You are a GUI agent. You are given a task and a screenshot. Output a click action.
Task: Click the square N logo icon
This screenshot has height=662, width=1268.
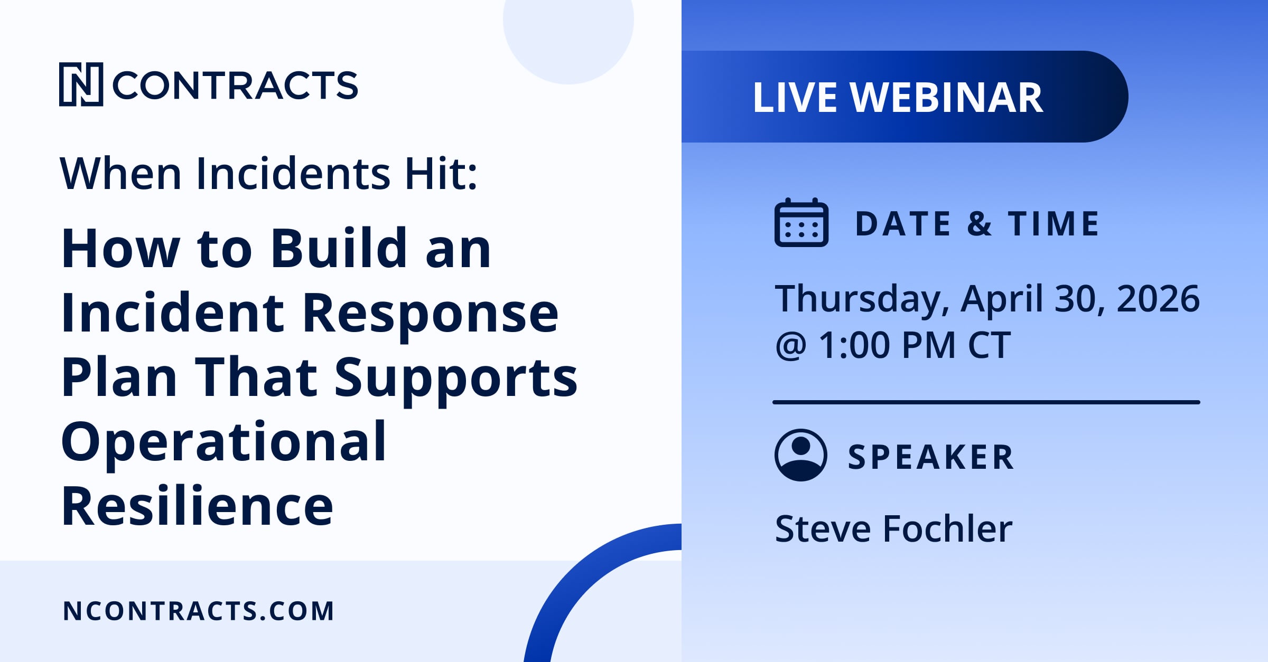(81, 84)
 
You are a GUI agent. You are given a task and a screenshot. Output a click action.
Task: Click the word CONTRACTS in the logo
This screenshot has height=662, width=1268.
(235, 85)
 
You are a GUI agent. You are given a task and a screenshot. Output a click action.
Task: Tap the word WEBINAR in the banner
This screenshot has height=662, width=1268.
(946, 98)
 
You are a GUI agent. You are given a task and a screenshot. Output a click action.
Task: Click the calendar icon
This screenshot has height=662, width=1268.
(801, 222)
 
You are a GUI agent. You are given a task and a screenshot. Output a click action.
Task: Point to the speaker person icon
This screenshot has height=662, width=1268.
(801, 455)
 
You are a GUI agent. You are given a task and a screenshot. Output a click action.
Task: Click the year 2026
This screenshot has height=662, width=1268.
(1158, 298)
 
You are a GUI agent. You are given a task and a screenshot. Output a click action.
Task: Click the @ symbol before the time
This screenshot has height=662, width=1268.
(791, 346)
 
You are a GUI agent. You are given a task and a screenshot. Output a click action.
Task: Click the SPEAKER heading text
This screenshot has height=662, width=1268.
(931, 457)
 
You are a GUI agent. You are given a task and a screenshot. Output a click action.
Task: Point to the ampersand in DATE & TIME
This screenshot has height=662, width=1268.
(979, 223)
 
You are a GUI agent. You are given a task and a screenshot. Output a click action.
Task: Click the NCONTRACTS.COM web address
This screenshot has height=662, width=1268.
(198, 611)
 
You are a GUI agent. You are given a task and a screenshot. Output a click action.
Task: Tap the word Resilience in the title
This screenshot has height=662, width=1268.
(197, 506)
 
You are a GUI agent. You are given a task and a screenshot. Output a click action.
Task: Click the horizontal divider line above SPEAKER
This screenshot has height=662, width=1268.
(986, 402)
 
